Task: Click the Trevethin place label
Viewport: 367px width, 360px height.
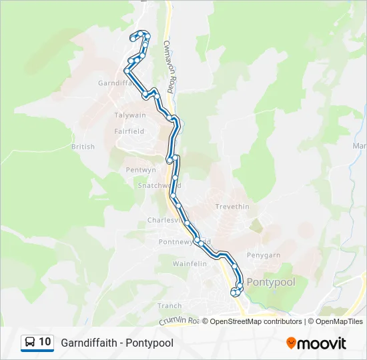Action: (232, 207)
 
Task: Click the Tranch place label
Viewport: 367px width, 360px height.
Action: (169, 306)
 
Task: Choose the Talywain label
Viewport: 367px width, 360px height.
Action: (129, 115)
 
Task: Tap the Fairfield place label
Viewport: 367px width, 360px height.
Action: (129, 131)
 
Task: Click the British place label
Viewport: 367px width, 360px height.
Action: (83, 147)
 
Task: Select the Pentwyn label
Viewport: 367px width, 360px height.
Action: (140, 170)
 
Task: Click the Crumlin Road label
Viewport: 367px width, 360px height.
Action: (179, 321)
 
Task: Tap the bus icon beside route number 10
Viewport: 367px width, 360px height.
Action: (30, 342)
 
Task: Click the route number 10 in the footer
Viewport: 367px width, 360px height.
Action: (45, 342)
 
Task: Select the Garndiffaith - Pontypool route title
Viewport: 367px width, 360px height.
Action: (117, 343)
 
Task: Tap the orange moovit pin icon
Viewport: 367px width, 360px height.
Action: (291, 343)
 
